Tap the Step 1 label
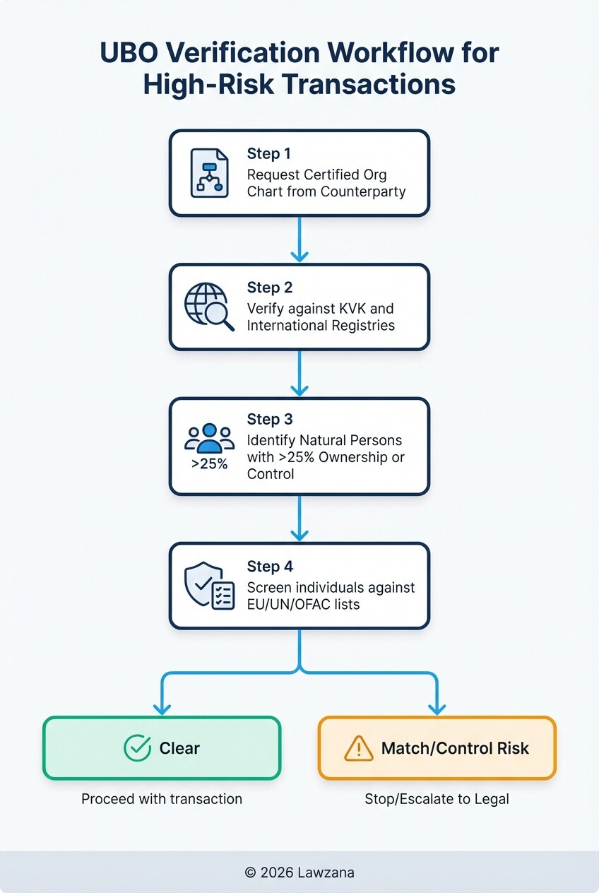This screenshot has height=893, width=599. click(269, 154)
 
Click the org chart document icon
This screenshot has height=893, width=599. click(209, 173)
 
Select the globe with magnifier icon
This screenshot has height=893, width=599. click(208, 307)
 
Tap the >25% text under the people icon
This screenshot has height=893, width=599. click(209, 464)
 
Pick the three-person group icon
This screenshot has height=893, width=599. click(209, 438)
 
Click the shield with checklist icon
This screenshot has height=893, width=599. click(208, 586)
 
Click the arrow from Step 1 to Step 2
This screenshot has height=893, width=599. click(299, 239)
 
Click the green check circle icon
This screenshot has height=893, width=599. click(137, 748)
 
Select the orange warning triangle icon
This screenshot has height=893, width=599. click(358, 748)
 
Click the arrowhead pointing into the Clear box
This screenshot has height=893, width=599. click(162, 707)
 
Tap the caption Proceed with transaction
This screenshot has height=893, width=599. click(162, 799)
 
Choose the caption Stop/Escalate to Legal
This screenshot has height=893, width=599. click(437, 799)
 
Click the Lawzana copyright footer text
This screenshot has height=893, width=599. click(299, 873)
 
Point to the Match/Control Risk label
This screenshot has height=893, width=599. click(455, 748)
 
